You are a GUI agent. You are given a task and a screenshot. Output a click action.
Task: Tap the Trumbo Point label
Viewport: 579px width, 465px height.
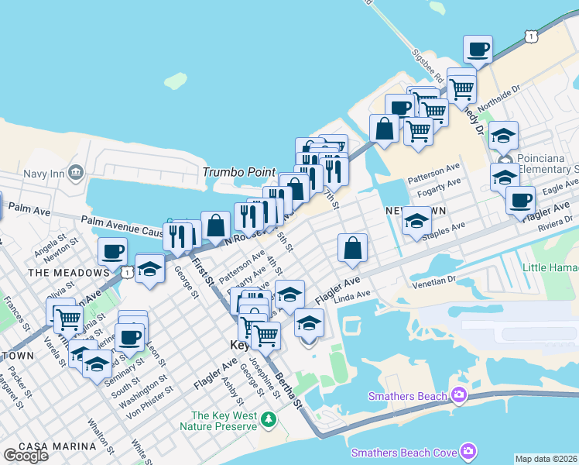[x=234, y=171]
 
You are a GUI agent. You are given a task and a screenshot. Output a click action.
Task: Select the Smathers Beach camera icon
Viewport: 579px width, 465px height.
[x=459, y=396]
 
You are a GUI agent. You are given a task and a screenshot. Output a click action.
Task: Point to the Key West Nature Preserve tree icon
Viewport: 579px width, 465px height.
[x=269, y=420]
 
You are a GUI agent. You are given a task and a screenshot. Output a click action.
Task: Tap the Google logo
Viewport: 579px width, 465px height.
[x=26, y=456]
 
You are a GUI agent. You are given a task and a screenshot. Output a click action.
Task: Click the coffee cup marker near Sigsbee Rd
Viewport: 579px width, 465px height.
[x=477, y=50]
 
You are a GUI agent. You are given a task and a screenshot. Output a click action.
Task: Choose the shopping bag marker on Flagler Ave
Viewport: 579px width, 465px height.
[x=352, y=248]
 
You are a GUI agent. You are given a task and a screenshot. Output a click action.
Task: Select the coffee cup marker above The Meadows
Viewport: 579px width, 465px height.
[x=112, y=251]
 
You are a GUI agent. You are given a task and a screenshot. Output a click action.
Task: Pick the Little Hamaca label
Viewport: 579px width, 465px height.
[x=550, y=267]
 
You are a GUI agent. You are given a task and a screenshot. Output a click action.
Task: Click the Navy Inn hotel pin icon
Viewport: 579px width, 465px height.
[x=75, y=170]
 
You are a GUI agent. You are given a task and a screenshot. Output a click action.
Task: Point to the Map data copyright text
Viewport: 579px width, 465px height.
[x=546, y=459]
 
